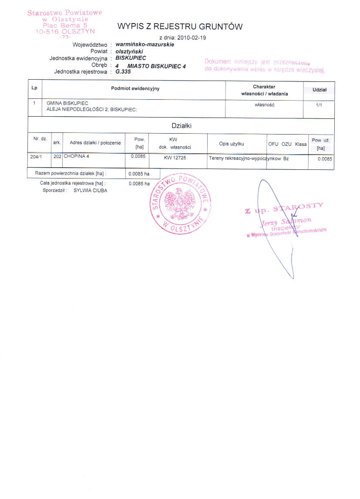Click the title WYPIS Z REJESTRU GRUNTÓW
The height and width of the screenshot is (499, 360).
[180, 27]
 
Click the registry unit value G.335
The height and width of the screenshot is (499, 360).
[124, 72]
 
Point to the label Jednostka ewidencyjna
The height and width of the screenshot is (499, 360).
[78, 58]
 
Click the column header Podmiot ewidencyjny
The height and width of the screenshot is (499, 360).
[135, 89]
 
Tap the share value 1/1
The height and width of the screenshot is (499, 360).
[319, 105]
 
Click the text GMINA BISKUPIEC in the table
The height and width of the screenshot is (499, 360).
[67, 103]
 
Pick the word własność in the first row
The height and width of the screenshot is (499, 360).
[265, 105]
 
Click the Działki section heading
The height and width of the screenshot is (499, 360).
[182, 126]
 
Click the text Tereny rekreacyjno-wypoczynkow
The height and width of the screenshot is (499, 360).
[245, 158]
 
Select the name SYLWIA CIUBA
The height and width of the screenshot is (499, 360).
[90, 191]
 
